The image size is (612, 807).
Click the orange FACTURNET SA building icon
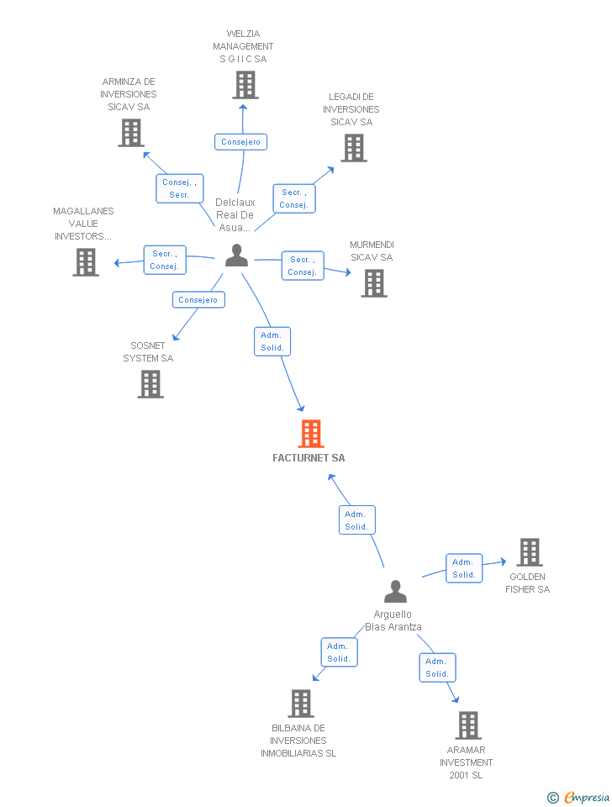point(311,434)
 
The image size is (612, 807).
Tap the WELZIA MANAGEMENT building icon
point(245,85)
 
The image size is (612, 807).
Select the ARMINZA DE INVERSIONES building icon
point(130,133)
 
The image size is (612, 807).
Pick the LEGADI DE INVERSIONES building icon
point(354,148)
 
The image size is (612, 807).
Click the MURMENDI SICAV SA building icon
point(374,283)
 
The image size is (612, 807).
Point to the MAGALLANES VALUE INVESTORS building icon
point(85,262)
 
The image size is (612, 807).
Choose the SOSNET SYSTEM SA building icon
point(150,384)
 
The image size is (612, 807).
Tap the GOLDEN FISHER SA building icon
point(529,552)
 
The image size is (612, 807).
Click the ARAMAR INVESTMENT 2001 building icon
point(467,725)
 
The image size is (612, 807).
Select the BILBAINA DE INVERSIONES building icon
point(300,704)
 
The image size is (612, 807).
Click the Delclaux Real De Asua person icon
point(236,256)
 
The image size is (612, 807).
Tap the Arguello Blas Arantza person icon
point(395,592)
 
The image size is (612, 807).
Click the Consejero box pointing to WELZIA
point(240,142)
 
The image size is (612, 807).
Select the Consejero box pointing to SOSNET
point(198,300)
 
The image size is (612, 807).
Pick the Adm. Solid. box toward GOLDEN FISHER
point(464,568)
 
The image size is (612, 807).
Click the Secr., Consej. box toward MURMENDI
point(302,266)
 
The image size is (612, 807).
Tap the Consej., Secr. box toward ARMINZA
point(179,188)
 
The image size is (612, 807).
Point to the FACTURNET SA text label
point(309,458)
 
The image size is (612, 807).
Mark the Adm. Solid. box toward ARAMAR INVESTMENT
point(437,667)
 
